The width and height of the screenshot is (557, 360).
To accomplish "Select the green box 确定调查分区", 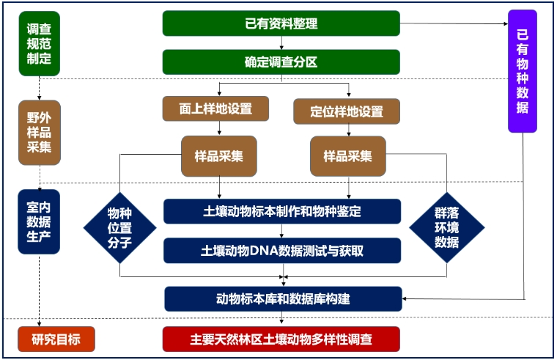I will [x=281, y=62].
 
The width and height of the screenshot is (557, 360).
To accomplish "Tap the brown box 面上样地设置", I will [x=215, y=109].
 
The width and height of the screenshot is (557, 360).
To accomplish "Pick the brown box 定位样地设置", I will [x=347, y=111].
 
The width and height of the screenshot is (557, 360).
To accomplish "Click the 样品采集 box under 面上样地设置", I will [x=219, y=156].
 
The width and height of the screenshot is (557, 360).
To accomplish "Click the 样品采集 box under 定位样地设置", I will [x=347, y=156].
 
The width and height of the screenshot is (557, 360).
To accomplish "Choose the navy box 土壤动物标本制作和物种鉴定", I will [x=282, y=211].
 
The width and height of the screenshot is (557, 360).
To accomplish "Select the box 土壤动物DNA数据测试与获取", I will [x=282, y=250].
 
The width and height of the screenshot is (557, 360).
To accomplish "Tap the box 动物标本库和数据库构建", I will [x=283, y=298].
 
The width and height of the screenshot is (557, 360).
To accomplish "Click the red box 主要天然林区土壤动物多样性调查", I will [x=281, y=339].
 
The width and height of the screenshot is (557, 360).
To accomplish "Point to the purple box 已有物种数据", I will [x=523, y=71].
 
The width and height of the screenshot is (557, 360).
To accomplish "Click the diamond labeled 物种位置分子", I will [x=119, y=227].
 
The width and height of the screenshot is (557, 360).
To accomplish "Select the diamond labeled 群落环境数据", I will [x=446, y=227].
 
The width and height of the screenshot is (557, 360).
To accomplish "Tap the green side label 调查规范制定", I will [x=39, y=44].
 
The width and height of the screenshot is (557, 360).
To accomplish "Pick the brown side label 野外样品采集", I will [x=39, y=132].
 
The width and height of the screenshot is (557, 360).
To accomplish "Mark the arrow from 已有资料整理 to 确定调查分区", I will [x=281, y=43].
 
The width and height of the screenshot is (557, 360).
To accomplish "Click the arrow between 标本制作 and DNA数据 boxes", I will [x=281, y=231].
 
